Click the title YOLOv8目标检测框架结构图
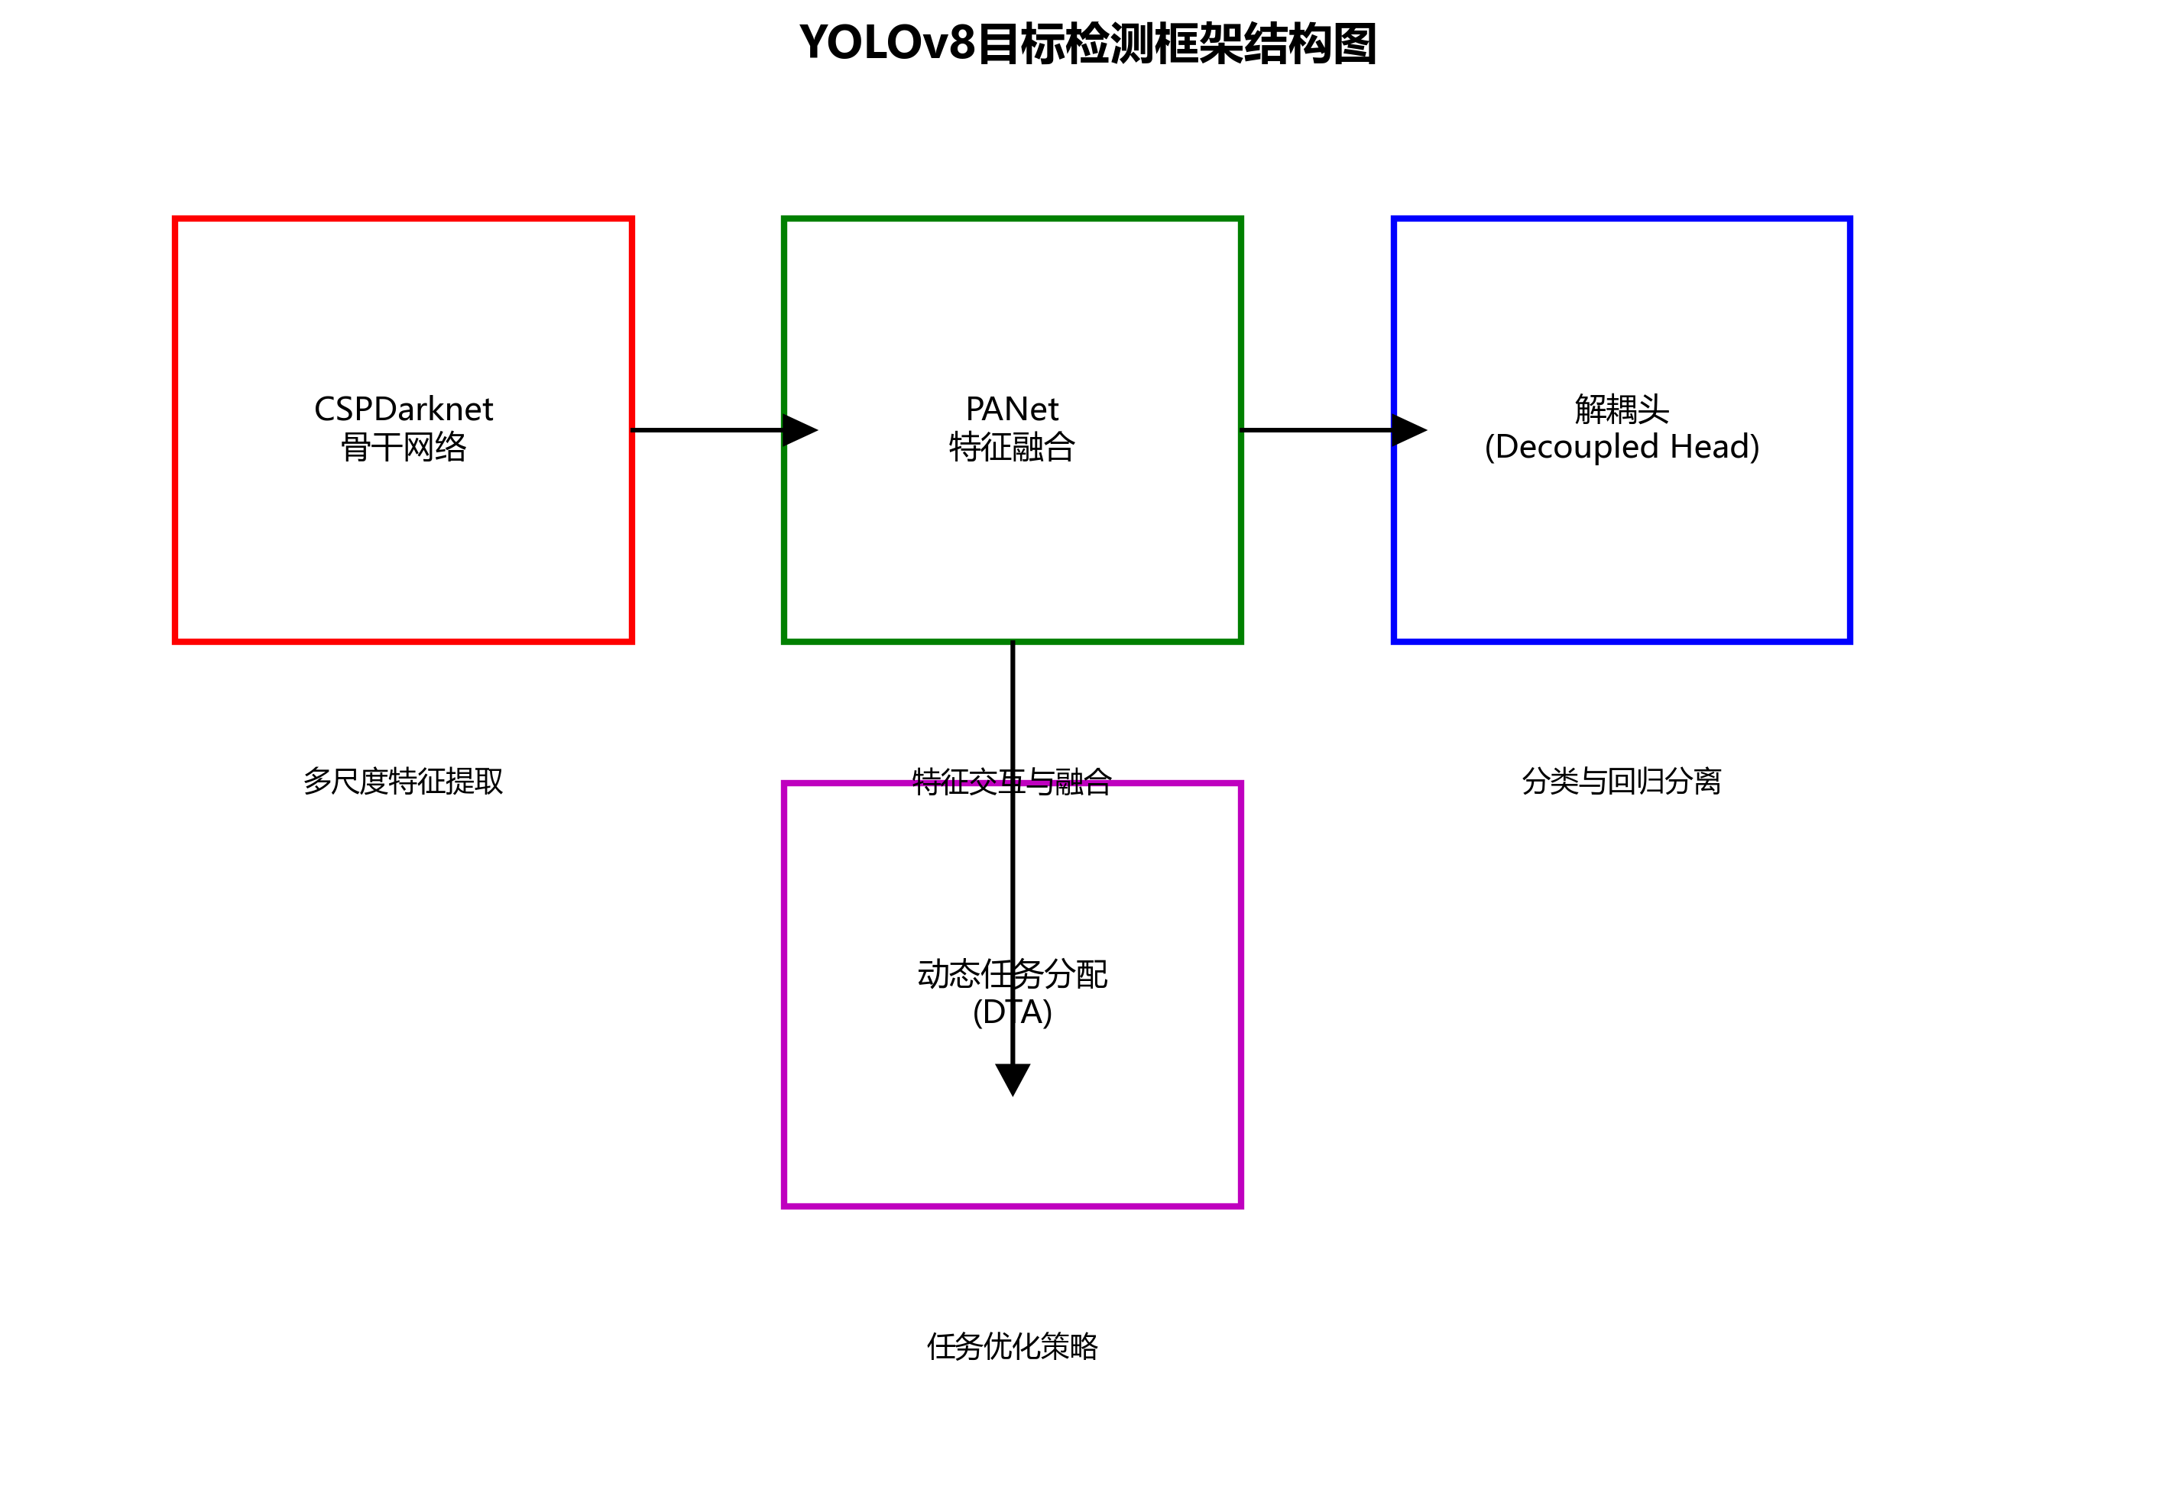[x=1087, y=44]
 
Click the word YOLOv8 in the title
[x=886, y=44]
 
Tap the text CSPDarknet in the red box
[x=403, y=410]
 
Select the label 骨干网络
[x=403, y=447]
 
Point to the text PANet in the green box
[x=1012, y=410]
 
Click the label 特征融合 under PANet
[x=1012, y=447]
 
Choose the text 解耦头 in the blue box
[x=1621, y=410]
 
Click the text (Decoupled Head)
[x=1621, y=447]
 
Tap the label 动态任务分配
[x=1012, y=974]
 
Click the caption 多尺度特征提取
[x=403, y=782]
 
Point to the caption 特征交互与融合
[x=1012, y=782]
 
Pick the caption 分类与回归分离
[x=1621, y=782]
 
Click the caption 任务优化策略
[x=1012, y=1346]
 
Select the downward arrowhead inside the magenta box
[x=1013, y=1078]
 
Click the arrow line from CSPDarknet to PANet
[x=706, y=430]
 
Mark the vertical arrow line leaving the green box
[x=1013, y=711]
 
